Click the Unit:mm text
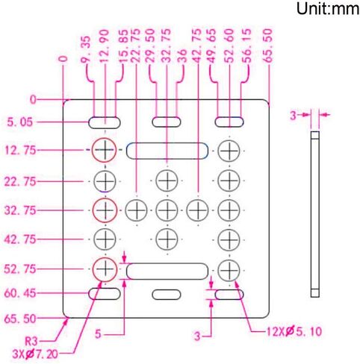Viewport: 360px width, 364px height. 328,9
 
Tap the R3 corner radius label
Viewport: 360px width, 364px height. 31,341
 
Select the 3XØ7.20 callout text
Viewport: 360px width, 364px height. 35,354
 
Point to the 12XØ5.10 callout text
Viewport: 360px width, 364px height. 294,331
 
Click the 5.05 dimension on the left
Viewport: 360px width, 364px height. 19,122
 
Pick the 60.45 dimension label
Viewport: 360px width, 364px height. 20,294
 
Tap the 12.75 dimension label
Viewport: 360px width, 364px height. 20,151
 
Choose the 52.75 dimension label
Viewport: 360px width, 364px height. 20,269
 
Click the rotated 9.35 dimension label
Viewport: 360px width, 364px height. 85,49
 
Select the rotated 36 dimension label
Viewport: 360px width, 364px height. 183,56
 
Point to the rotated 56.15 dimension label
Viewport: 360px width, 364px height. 246,45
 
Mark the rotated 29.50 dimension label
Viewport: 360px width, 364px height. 150,45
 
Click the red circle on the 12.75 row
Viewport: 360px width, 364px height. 105,150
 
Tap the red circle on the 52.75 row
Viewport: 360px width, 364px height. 105,269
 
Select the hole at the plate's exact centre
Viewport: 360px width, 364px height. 167,210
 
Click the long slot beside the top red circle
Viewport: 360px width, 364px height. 167,151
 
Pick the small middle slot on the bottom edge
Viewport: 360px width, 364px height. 167,295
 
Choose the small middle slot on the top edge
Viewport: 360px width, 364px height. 167,122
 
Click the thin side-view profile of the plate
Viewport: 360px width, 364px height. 315,214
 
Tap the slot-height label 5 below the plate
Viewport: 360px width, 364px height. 99,334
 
